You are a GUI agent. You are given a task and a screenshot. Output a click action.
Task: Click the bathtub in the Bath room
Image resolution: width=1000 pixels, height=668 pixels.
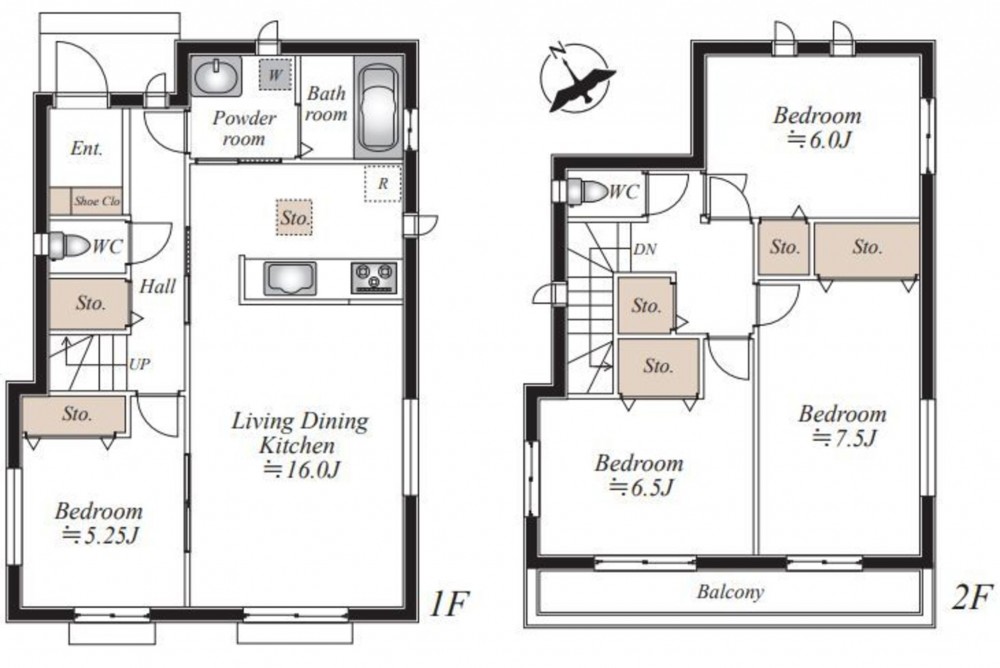click(x=378, y=107)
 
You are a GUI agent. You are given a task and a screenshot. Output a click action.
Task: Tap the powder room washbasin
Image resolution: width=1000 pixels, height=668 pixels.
click(x=217, y=77)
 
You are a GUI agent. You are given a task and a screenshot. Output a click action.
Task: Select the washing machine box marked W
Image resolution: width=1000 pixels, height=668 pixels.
click(x=275, y=75)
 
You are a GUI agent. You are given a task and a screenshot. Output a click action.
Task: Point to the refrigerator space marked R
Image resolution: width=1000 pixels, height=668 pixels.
click(x=383, y=184)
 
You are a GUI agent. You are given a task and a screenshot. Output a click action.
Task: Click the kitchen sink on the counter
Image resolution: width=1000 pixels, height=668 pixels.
click(x=290, y=279)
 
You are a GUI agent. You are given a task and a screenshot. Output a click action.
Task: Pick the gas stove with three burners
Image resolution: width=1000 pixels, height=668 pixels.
click(x=374, y=278)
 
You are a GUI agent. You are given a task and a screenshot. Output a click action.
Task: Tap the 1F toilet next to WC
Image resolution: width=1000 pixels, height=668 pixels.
click(x=70, y=246)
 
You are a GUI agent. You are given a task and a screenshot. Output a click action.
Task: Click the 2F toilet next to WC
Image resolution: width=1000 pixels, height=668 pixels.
click(x=587, y=191)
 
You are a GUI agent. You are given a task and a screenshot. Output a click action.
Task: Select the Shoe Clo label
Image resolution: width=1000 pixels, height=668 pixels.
click(x=97, y=201)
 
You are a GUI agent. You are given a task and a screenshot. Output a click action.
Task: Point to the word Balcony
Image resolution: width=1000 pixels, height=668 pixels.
click(x=730, y=591)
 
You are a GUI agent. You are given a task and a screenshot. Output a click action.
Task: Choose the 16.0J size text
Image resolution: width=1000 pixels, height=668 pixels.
click(x=302, y=470)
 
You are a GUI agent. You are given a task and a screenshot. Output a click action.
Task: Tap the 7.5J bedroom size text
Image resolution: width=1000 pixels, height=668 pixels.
click(x=846, y=438)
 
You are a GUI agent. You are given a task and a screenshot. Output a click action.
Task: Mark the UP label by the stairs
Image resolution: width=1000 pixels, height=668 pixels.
click(x=140, y=364)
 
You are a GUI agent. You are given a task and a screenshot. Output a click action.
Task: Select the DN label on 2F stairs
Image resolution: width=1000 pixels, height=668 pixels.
click(x=645, y=249)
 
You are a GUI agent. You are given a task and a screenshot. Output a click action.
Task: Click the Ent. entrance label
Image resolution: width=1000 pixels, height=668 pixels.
click(x=87, y=148)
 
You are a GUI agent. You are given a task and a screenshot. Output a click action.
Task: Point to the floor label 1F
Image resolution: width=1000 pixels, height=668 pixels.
click(x=449, y=604)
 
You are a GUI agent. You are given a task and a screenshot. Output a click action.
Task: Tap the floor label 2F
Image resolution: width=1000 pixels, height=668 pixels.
click(x=972, y=598)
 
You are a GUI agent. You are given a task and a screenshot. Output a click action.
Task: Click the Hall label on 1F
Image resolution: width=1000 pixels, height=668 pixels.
click(x=157, y=286)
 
